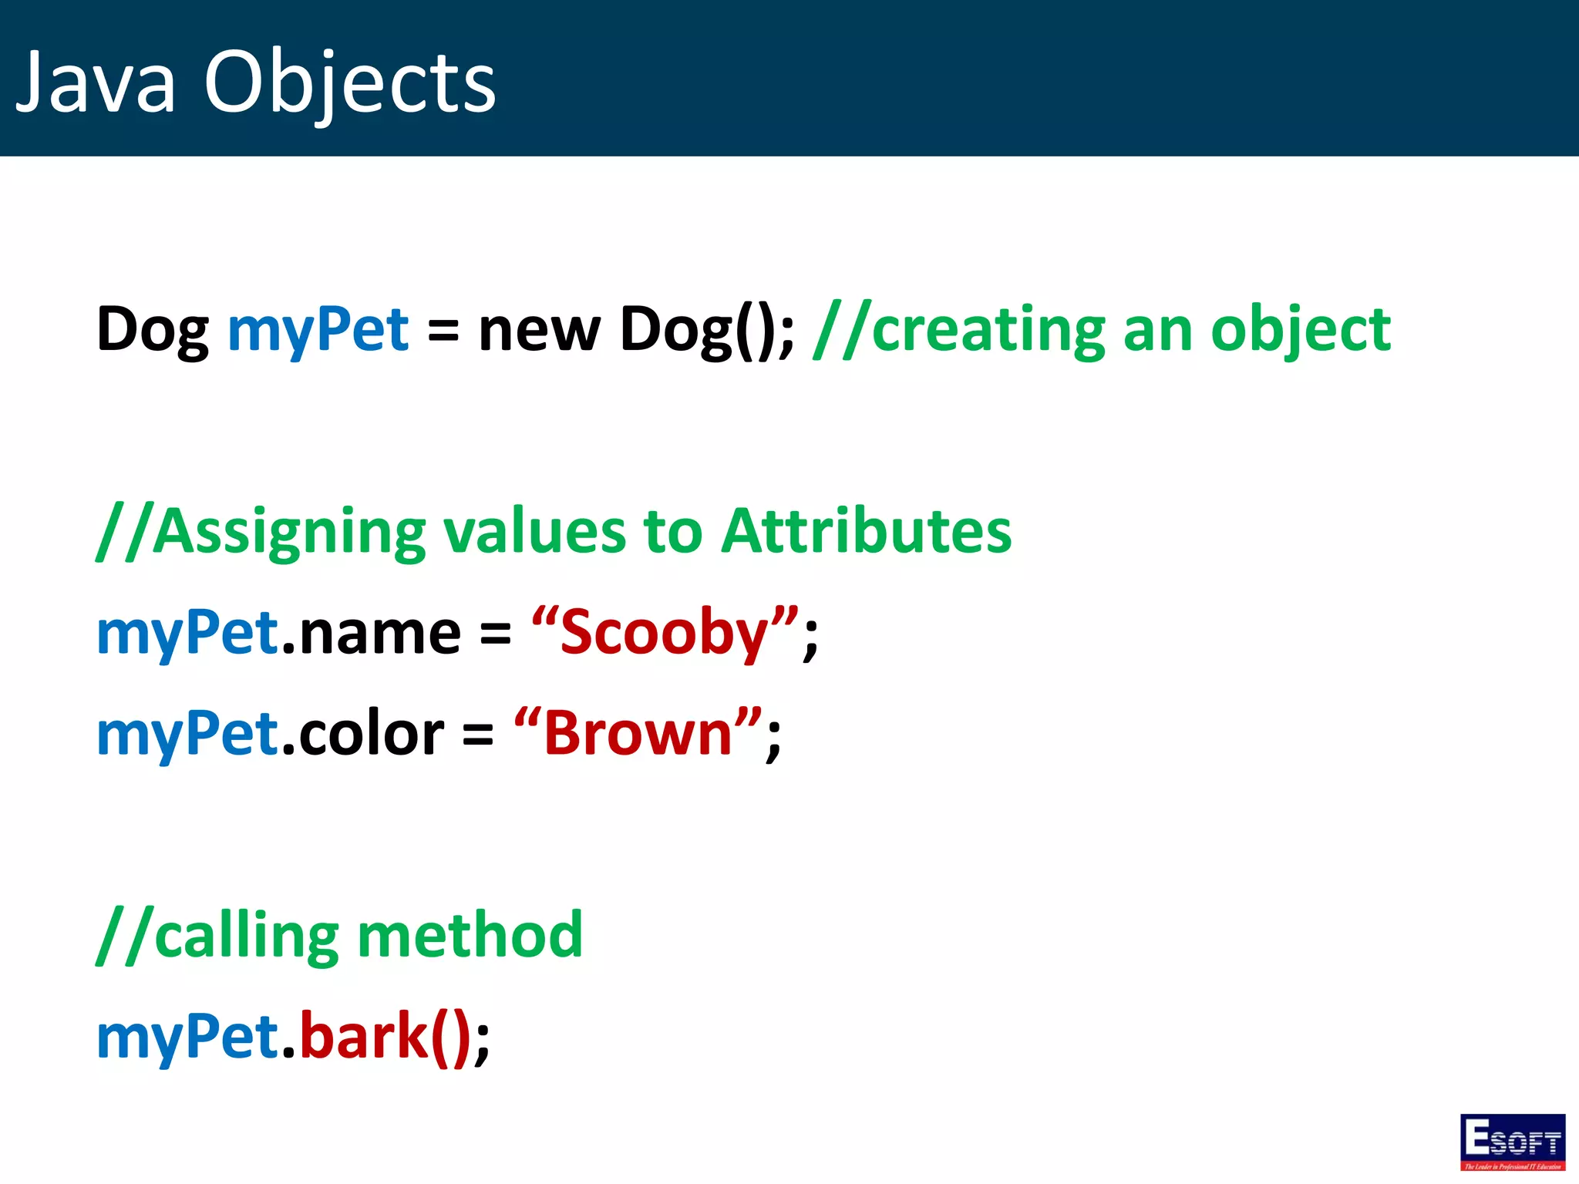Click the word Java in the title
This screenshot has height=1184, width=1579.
pyautogui.click(x=96, y=82)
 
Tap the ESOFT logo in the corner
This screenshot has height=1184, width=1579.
pyautogui.click(x=1512, y=1142)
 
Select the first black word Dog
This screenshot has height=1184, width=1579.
pyautogui.click(x=153, y=330)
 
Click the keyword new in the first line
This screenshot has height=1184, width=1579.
pyautogui.click(x=538, y=330)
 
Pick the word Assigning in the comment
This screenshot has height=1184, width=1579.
pyautogui.click(x=289, y=532)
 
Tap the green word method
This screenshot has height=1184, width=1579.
pyautogui.click(x=470, y=936)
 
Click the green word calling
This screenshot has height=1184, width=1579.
pyautogui.click(x=247, y=936)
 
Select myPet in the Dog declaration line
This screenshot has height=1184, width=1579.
pyautogui.click(x=318, y=330)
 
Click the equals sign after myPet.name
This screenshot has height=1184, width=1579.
pyautogui.click(x=495, y=634)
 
